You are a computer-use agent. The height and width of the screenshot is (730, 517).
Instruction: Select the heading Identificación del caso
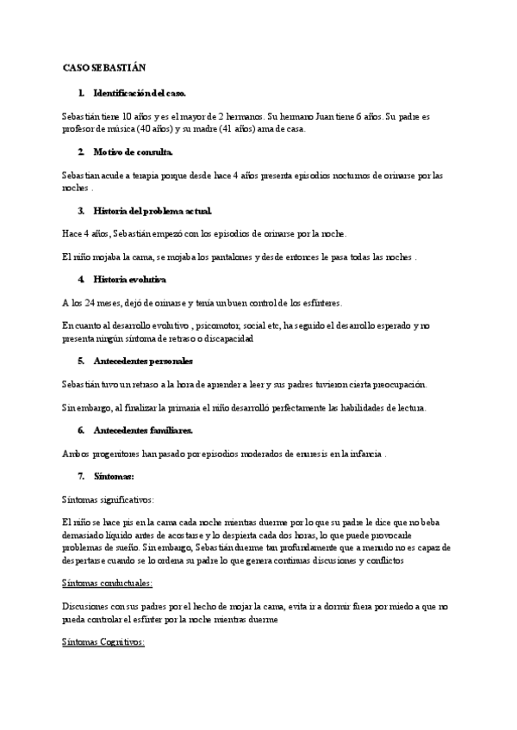140,92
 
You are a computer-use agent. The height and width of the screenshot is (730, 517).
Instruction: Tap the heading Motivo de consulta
134,152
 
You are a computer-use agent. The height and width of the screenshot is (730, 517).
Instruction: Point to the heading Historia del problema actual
153,210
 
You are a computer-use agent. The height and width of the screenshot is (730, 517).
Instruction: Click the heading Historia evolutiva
129,280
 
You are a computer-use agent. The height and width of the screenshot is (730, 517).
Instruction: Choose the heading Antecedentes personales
144,361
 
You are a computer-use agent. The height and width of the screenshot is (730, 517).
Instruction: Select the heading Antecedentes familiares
144,430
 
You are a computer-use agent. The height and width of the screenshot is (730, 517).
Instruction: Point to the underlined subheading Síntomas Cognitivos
104,642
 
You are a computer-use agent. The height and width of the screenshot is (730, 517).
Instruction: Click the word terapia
148,175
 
